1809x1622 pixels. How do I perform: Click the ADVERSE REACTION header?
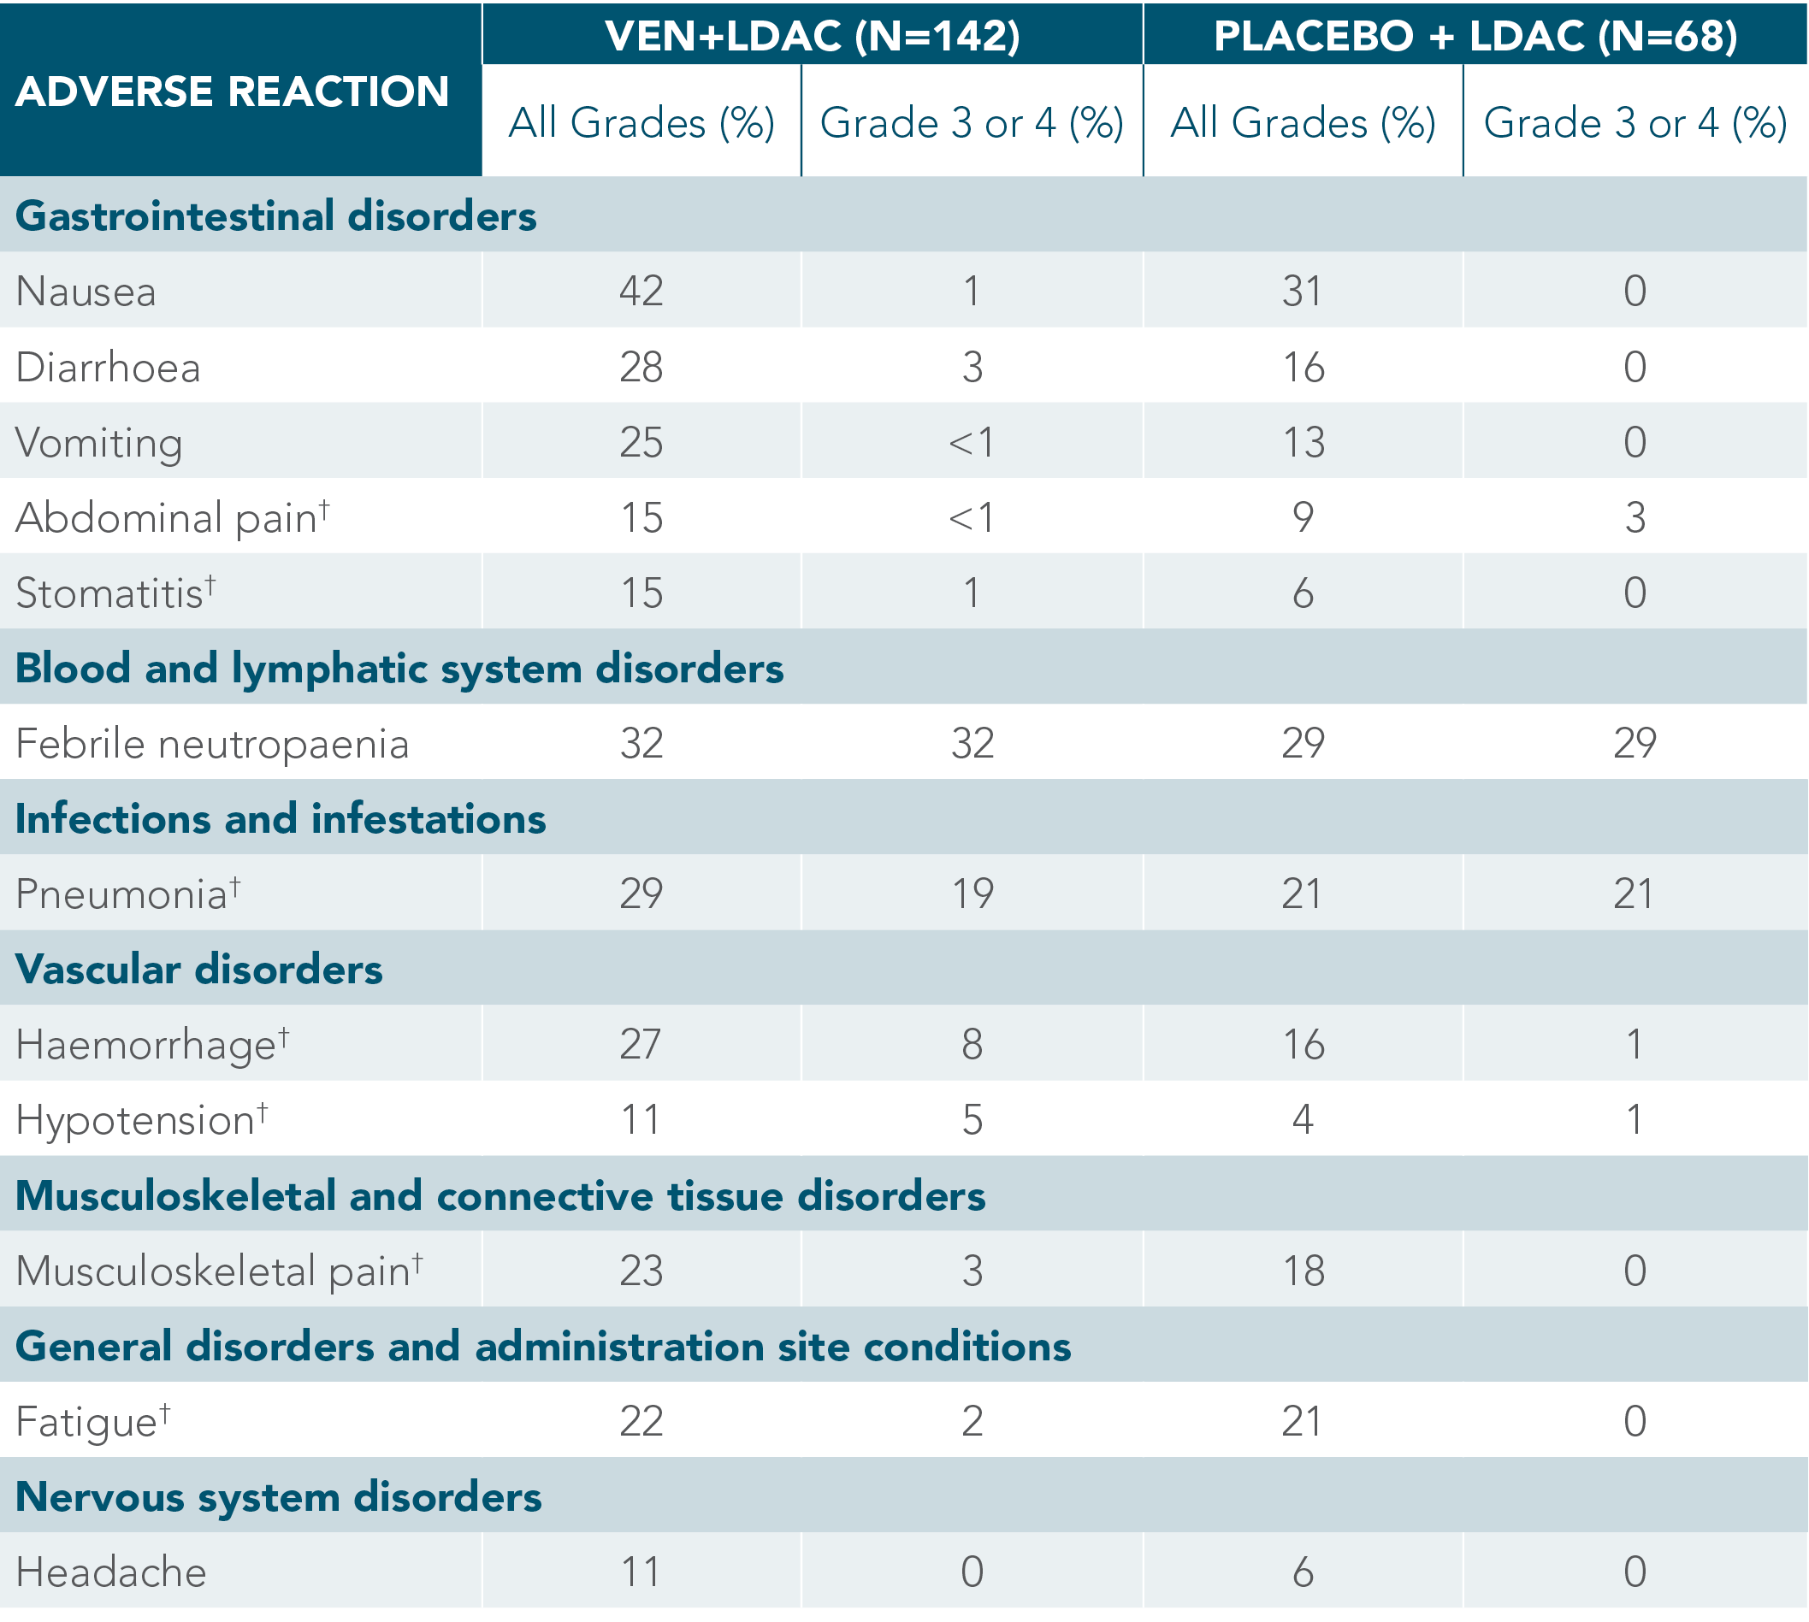pyautogui.click(x=232, y=91)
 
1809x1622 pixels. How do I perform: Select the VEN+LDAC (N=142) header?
pyautogui.click(x=812, y=36)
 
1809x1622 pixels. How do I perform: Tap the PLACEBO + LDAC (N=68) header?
pyautogui.click(x=1475, y=36)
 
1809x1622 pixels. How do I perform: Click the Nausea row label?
pyautogui.click(x=86, y=292)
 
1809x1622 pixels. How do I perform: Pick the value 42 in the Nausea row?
pyautogui.click(x=641, y=291)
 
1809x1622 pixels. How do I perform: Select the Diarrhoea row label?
pyautogui.click(x=108, y=367)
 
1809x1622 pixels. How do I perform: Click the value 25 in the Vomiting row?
pyautogui.click(x=641, y=442)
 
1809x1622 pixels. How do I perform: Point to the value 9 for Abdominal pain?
pyautogui.click(x=1303, y=517)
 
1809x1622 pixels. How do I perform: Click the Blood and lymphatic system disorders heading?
pyautogui.click(x=399, y=669)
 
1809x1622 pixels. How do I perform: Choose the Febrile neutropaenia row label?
pyautogui.click(x=212, y=743)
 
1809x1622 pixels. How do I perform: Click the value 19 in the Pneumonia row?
pyautogui.click(x=972, y=894)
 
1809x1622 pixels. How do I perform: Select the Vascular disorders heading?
pyautogui.click(x=198, y=970)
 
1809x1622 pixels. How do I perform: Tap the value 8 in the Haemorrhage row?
pyautogui.click(x=972, y=1045)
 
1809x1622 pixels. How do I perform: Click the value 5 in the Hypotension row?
pyautogui.click(x=972, y=1119)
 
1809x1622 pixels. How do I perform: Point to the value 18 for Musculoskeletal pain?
pyautogui.click(x=1303, y=1271)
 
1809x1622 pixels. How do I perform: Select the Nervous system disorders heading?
pyautogui.click(x=278, y=1497)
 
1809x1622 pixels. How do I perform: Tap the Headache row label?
pyautogui.click(x=111, y=1572)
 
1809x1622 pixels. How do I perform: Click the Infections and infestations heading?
pyautogui.click(x=281, y=819)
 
